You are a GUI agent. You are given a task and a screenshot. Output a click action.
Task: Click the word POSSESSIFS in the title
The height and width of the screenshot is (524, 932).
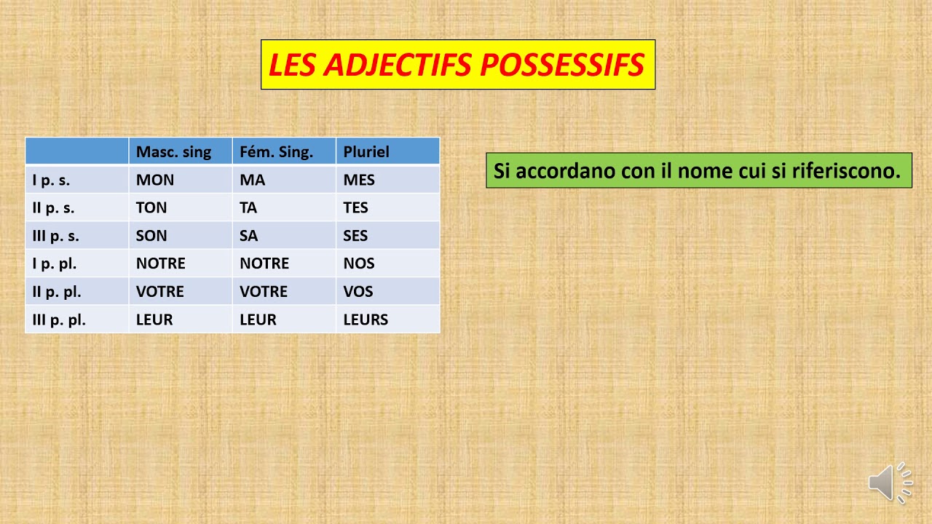coord(562,65)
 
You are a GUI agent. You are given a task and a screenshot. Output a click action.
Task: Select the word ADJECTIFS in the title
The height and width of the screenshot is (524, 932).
coord(398,65)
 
